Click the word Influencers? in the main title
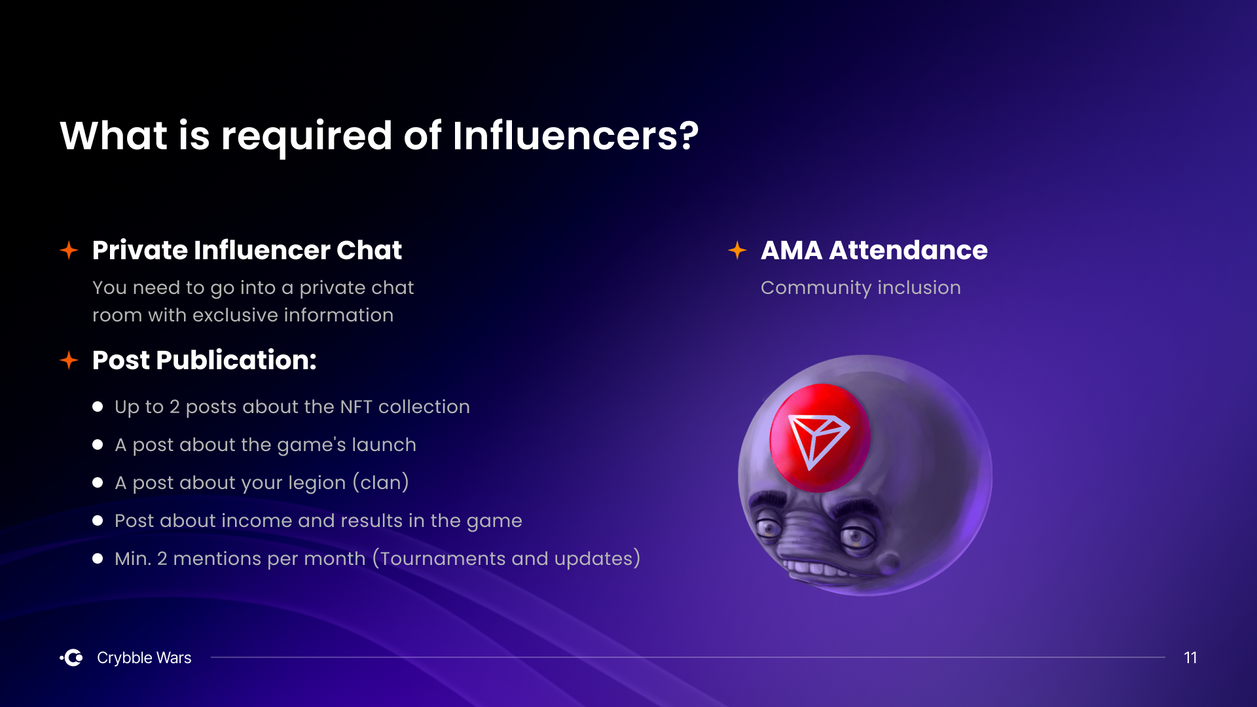coord(575,136)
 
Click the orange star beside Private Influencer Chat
coord(69,250)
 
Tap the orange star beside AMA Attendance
coord(737,250)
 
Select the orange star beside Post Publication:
coord(69,360)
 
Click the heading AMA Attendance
coord(874,250)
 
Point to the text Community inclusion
coord(861,287)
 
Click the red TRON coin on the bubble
coord(820,437)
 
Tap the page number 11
coord(1190,657)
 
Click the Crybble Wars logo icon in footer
coord(71,657)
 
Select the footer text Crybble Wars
coord(144,657)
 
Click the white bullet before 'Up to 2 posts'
coord(98,407)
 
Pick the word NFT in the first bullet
coord(356,407)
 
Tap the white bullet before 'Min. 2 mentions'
coord(98,558)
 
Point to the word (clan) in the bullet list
coord(381,482)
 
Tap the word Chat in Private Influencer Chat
coord(369,250)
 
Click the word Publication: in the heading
coord(236,360)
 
